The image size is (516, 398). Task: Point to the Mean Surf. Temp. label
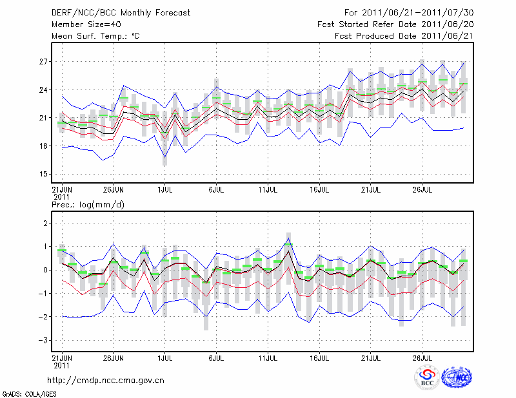point(95,36)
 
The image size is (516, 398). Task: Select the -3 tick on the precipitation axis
point(43,340)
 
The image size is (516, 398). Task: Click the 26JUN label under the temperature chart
point(114,191)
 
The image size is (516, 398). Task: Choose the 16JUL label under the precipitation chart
point(319,357)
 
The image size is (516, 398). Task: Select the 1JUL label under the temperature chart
point(165,191)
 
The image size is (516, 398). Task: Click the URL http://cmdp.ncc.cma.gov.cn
point(106,380)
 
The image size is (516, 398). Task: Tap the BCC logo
point(427,377)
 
